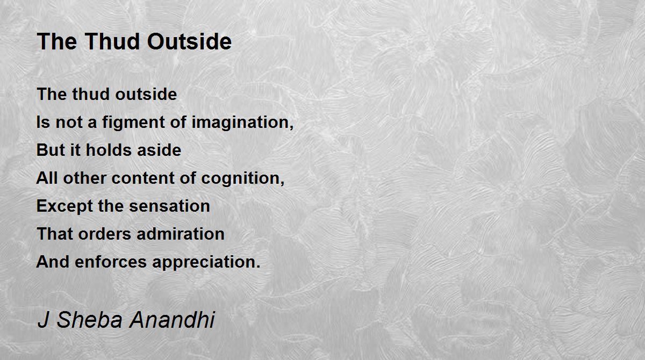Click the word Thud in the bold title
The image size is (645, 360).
[x=112, y=41]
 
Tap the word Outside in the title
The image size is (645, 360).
[x=189, y=41]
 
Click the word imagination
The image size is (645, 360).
[x=242, y=123]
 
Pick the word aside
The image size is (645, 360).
[x=159, y=150]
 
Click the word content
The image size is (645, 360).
[x=143, y=178]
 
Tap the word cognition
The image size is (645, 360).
[x=243, y=179]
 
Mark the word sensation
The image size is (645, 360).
[x=169, y=206]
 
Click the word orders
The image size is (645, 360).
[x=104, y=234]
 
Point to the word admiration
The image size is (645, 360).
[x=180, y=234]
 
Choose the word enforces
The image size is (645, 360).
[x=111, y=262]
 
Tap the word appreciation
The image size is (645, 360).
[x=206, y=262]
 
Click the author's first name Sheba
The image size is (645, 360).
[x=90, y=319]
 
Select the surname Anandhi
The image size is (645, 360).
[x=172, y=319]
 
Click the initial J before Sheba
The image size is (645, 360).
[x=43, y=319]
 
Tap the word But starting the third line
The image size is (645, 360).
[x=51, y=150]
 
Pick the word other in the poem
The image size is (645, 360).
[x=85, y=178]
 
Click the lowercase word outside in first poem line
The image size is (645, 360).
[x=146, y=94]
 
